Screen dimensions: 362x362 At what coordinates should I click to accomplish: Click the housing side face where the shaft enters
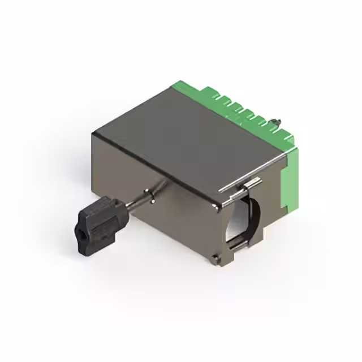(170, 209)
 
